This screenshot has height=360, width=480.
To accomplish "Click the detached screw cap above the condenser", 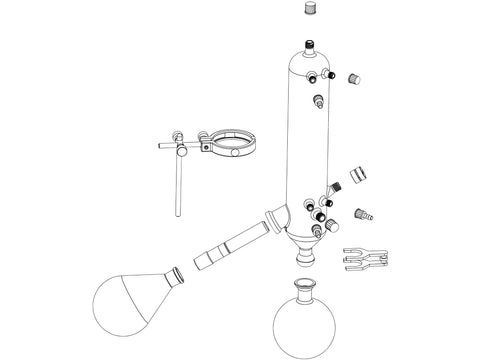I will [x=310, y=9].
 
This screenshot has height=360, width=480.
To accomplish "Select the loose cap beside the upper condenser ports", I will [x=353, y=78].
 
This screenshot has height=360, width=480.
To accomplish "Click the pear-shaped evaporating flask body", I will [x=130, y=304].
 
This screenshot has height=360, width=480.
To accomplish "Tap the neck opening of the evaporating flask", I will [x=178, y=273].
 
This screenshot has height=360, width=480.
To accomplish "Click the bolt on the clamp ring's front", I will [x=205, y=145].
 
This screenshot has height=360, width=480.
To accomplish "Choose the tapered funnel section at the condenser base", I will [x=309, y=240].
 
